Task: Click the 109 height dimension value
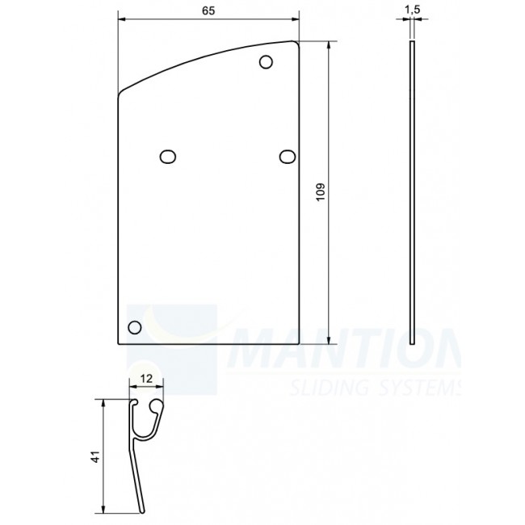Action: pos(321,192)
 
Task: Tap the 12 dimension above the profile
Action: pos(146,377)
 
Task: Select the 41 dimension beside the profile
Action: pos(95,456)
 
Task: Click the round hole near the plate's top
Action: pos(266,62)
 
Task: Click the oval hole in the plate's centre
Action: pos(168,156)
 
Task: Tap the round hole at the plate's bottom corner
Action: pos(135,327)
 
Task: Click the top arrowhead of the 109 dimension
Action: pos(330,45)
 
